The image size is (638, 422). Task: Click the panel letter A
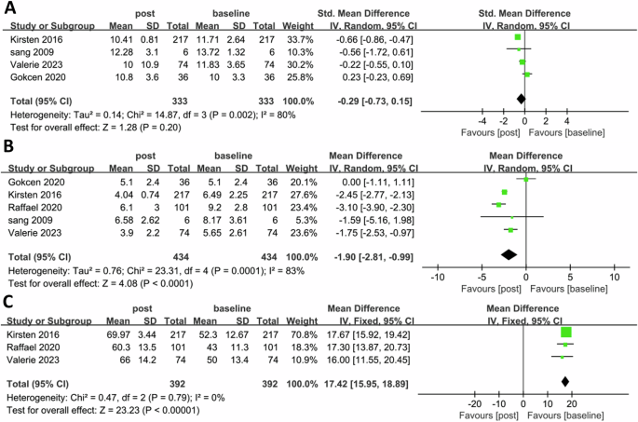8,9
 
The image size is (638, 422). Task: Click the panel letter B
8,146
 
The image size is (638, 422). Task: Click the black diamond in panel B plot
509,253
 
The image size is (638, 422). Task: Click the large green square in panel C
565,333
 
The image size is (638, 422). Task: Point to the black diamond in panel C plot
564,381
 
